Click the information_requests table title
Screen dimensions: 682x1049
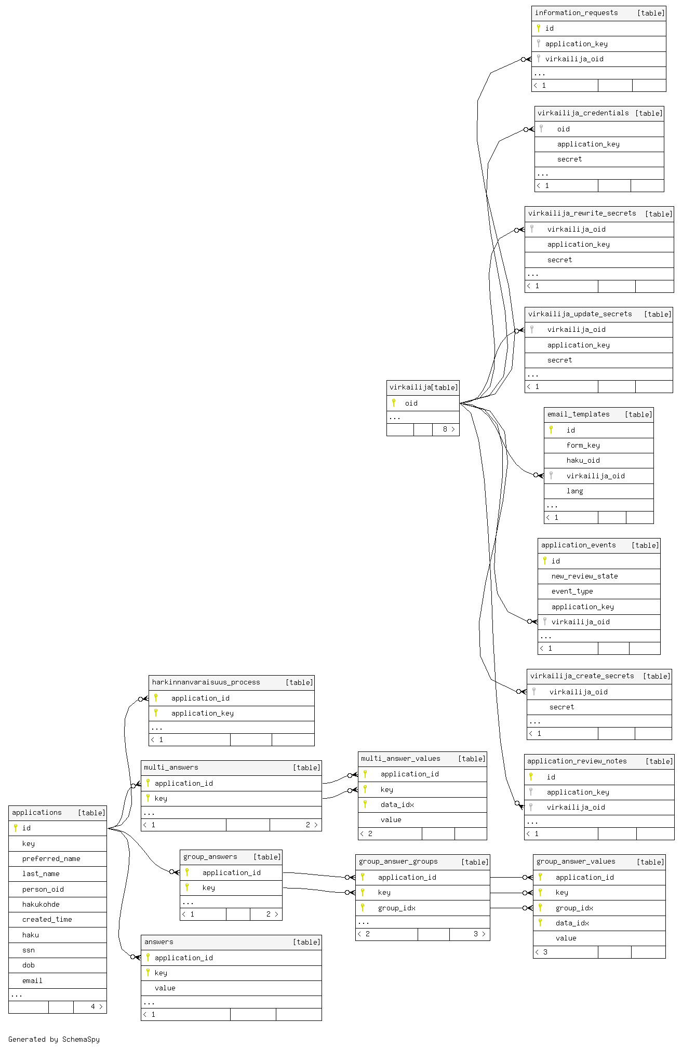pos(576,13)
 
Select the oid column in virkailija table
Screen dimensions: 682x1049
pos(411,403)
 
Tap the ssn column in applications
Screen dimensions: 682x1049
pos(29,950)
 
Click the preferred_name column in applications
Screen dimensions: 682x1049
pos(51,858)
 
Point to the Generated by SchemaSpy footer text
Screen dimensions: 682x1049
pos(54,1039)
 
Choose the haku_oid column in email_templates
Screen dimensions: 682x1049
pos(583,460)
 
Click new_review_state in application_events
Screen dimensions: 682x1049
pos(584,576)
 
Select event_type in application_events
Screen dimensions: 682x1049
pos(572,591)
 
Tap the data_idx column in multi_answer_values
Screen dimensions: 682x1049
pos(397,804)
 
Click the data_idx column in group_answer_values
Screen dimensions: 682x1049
pos(572,923)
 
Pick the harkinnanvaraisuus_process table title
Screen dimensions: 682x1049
pos(206,682)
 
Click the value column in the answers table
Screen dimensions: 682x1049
pos(165,988)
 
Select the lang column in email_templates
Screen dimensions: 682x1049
pos(574,491)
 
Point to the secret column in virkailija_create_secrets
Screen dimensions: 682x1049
pos(561,707)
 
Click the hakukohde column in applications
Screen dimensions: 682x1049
pos(41,904)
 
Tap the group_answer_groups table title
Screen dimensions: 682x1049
pos(398,862)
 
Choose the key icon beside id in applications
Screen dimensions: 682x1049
pos(16,828)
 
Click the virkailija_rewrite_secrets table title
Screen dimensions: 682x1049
pos(582,213)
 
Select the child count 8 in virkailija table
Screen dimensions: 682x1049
pos(445,429)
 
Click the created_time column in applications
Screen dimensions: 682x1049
pos(47,919)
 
